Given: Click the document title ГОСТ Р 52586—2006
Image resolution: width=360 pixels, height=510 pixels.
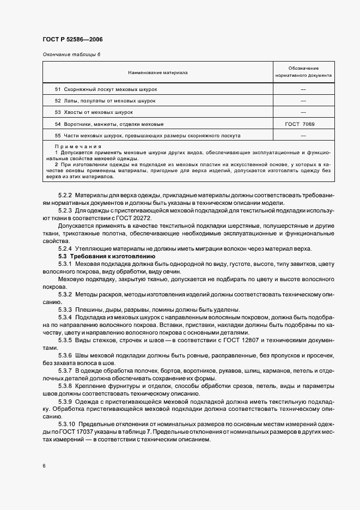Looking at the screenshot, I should click(72, 40).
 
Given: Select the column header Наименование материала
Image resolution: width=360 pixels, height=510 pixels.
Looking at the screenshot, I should click(158, 72).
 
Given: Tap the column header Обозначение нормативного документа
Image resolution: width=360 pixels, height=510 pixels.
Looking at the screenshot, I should click(304, 72).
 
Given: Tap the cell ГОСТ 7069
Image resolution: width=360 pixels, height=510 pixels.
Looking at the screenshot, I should click(299, 124).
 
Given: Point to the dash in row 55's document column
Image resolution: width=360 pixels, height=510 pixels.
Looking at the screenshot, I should click(303, 136).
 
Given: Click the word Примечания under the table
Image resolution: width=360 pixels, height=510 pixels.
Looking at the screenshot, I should click(78, 147).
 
